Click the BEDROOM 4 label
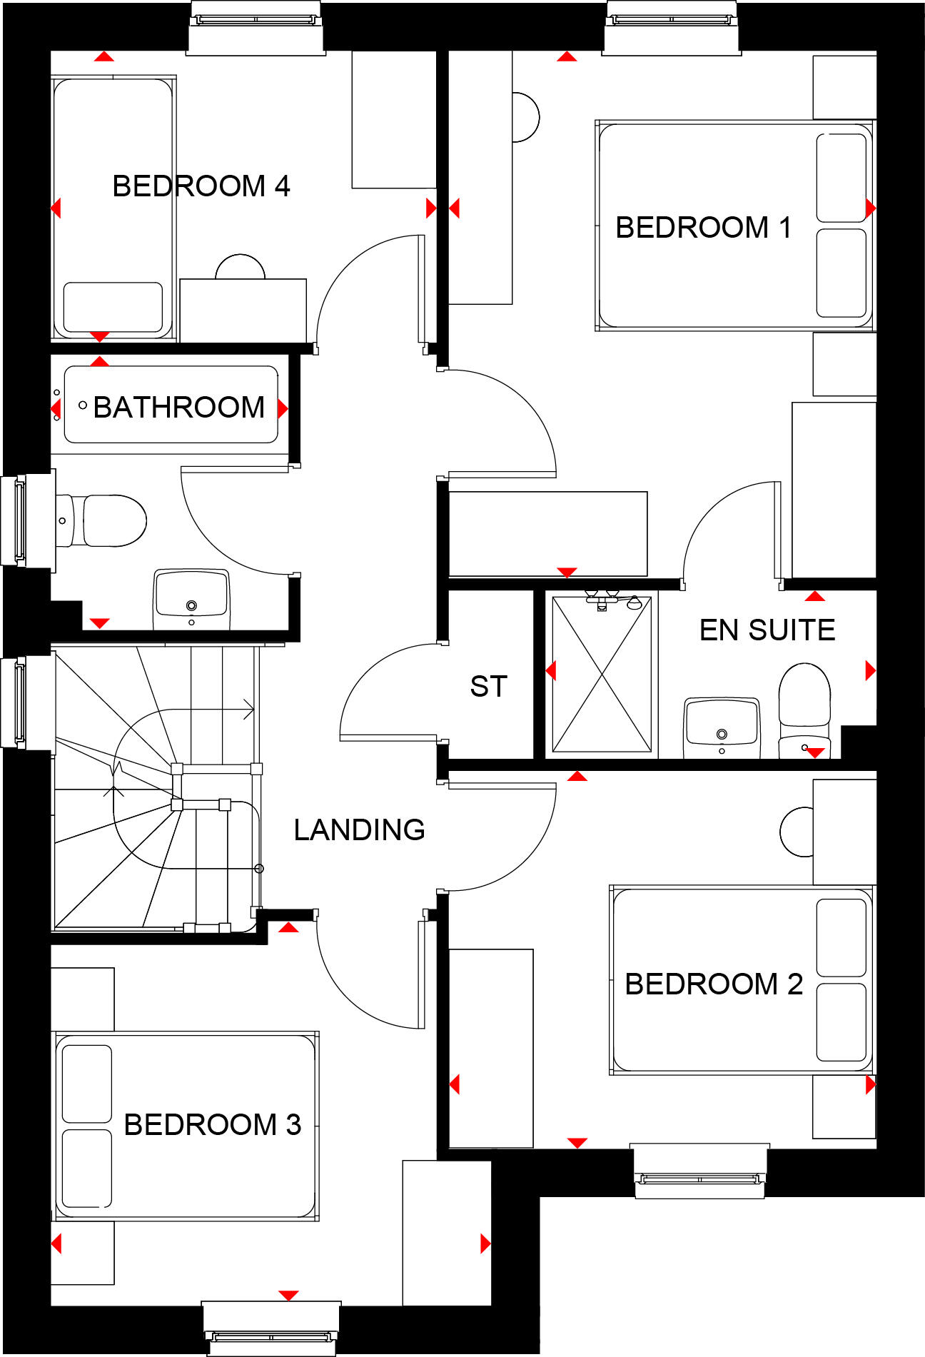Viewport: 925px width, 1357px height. click(201, 186)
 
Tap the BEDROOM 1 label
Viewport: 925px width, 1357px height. click(703, 228)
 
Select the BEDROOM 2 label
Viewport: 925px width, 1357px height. click(714, 984)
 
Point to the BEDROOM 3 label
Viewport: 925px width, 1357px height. click(212, 1124)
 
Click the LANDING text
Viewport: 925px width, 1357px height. click(359, 829)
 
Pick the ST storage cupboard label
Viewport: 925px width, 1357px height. click(488, 686)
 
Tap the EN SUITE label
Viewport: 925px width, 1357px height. click(767, 630)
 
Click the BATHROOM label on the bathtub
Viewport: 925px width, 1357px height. click(178, 408)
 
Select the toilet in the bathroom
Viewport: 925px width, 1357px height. click(107, 521)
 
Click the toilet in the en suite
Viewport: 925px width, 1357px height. click(804, 707)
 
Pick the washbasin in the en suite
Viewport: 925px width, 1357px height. click(722, 727)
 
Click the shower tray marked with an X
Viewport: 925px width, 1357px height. click(602, 675)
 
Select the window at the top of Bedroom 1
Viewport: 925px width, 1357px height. click(672, 27)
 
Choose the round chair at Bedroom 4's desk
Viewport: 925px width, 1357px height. click(241, 267)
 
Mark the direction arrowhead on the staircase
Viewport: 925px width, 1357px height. click(248, 710)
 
